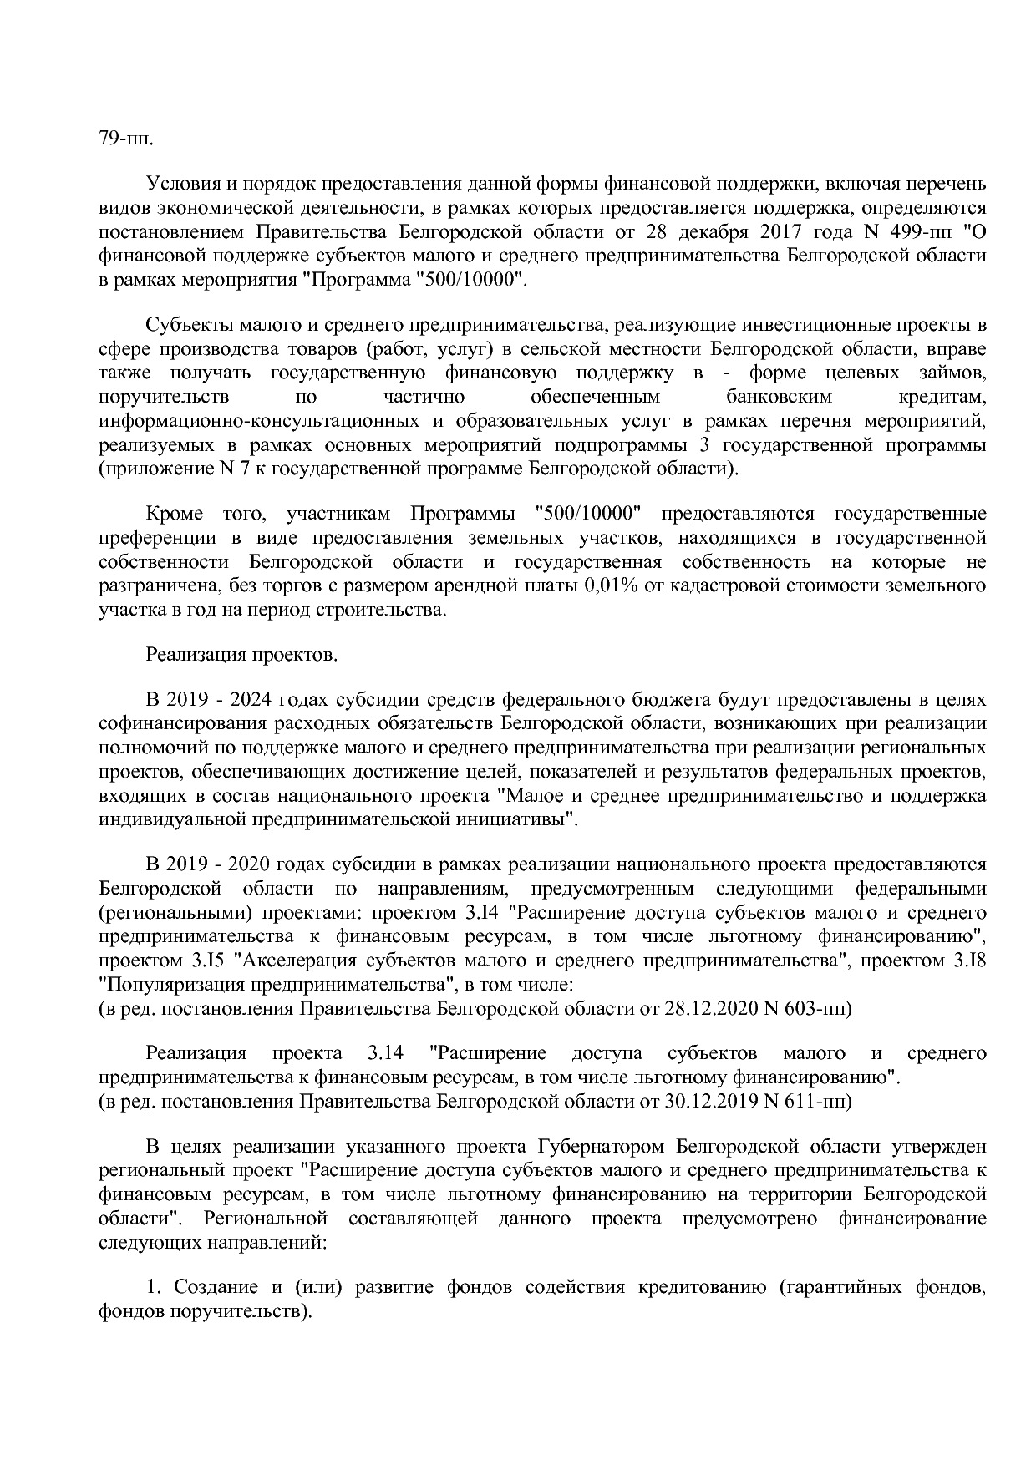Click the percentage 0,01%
[x=609, y=585]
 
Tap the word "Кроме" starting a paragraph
[x=175, y=513]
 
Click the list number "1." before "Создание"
[x=153, y=1286]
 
